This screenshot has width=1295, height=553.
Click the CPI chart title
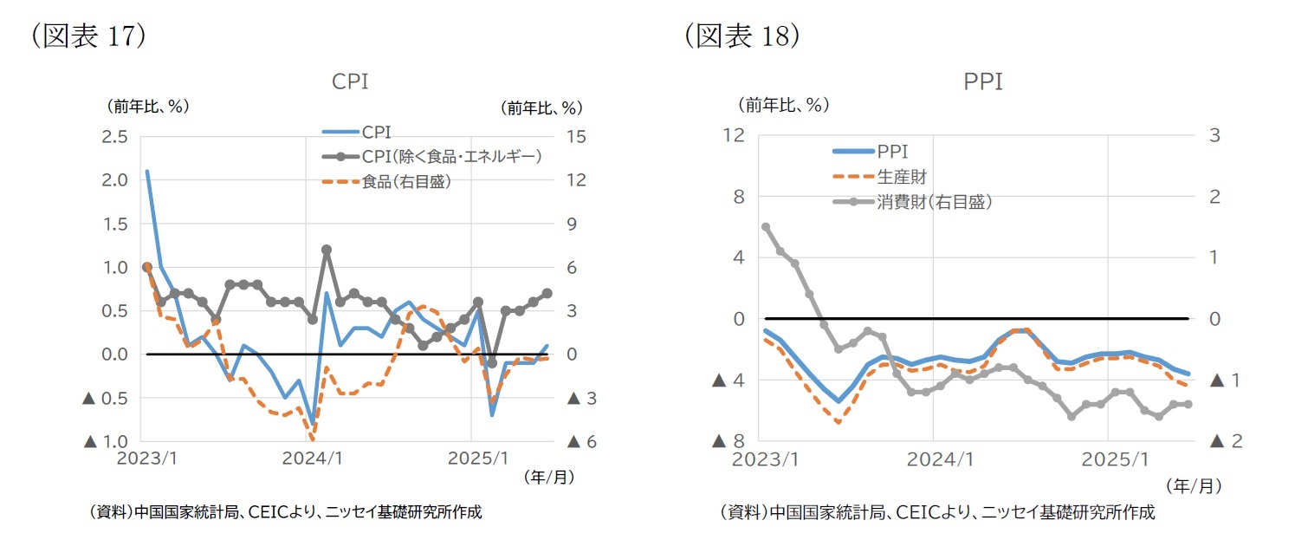350,81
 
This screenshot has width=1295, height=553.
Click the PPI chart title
982,81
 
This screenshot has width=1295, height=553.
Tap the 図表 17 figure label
87,36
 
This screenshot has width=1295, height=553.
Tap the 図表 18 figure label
741,36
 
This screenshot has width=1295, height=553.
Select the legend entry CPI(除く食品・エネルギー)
451,156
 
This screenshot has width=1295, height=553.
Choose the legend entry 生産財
902,177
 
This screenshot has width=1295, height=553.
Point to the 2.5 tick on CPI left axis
115,136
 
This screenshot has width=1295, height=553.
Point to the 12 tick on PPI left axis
734,136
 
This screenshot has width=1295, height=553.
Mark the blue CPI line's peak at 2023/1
147,172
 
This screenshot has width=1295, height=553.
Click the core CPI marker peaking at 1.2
327,250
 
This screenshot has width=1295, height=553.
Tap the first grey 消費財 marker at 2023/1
766,227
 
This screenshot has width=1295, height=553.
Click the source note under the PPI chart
937,512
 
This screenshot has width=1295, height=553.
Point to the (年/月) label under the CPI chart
548,477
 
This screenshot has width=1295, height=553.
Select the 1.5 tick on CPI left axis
115,224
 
